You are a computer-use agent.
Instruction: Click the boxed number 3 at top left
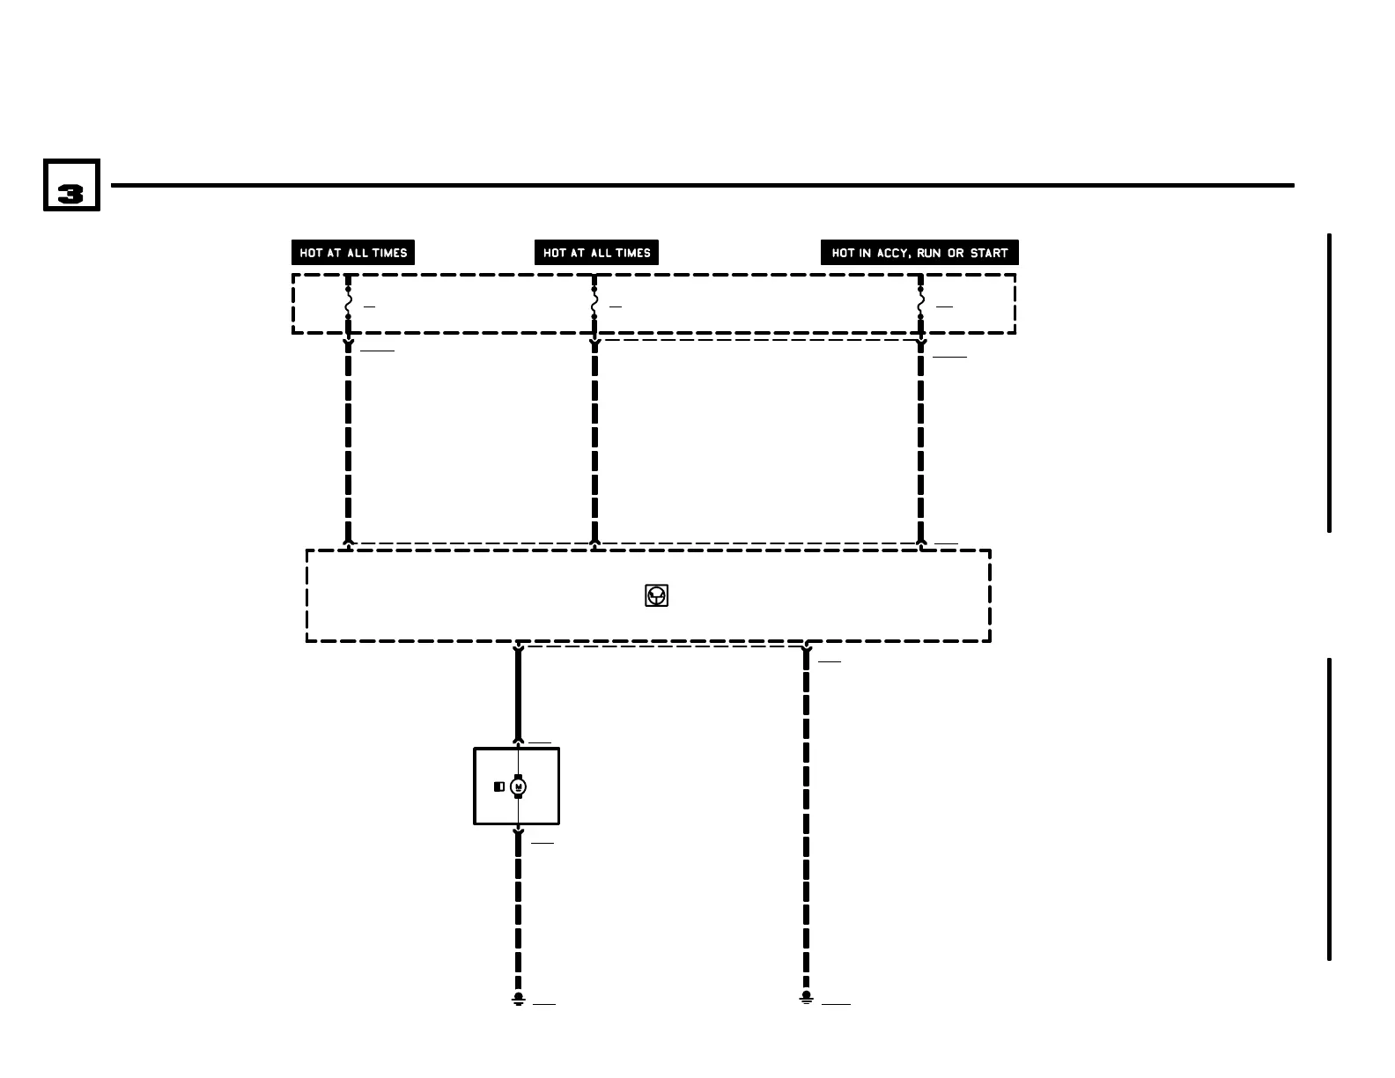click(x=71, y=186)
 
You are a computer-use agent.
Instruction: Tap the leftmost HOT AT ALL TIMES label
click(x=353, y=253)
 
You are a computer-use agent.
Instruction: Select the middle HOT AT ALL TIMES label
click(x=596, y=253)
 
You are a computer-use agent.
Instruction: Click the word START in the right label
click(x=989, y=253)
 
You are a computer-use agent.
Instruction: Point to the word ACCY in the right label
click(x=892, y=253)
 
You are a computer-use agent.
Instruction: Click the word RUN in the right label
click(x=929, y=253)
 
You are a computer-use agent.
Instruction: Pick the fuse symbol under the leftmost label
click(x=348, y=303)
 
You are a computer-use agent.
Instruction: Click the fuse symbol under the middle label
click(x=594, y=303)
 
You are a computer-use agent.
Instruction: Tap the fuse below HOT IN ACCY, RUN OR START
click(x=920, y=303)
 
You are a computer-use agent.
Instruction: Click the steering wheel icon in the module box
click(x=656, y=596)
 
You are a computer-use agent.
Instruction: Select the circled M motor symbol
click(x=518, y=786)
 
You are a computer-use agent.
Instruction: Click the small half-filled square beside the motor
click(x=498, y=786)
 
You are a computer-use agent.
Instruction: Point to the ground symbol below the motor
click(x=518, y=999)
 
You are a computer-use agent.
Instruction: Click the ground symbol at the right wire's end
click(x=806, y=998)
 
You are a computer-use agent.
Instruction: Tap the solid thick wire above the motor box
click(x=518, y=696)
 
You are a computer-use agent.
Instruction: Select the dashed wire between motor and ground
click(x=518, y=916)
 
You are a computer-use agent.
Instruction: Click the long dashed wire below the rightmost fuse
click(x=920, y=440)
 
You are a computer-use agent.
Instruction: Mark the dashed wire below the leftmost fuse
click(x=348, y=440)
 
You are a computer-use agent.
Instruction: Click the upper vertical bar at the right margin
click(x=1329, y=383)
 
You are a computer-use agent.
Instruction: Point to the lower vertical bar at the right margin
click(x=1329, y=808)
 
